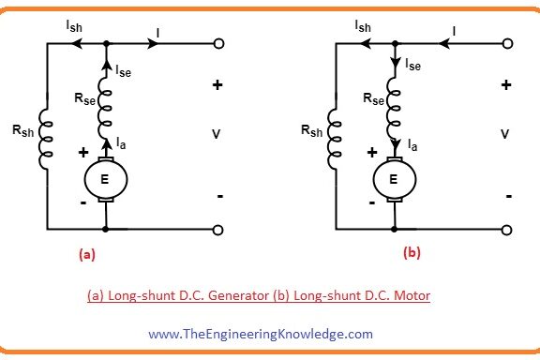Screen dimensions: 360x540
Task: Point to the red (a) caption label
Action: tap(85, 252)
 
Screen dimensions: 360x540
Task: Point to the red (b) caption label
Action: tap(412, 252)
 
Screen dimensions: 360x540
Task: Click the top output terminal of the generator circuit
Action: tap(218, 44)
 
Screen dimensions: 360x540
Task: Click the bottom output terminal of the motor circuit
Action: tap(506, 228)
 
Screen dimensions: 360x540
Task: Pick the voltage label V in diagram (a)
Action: tap(217, 134)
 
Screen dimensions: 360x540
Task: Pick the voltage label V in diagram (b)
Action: tap(504, 134)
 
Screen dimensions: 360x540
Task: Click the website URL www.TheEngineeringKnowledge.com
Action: tap(260, 333)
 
